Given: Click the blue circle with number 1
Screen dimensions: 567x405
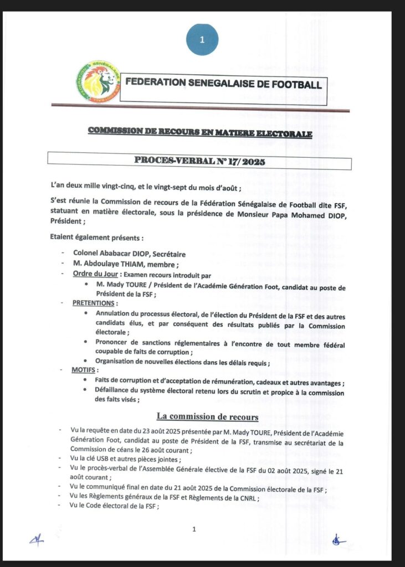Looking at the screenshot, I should (x=202, y=39).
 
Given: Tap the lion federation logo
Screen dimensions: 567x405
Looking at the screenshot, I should (x=99, y=81).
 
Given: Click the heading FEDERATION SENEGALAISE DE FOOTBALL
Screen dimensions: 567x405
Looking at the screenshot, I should (x=223, y=84).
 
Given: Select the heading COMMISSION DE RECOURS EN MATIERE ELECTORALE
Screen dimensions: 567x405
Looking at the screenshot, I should (x=200, y=133).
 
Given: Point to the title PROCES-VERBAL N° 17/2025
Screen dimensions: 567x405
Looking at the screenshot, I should (x=200, y=162).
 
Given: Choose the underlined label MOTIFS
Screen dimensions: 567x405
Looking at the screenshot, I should (x=85, y=369).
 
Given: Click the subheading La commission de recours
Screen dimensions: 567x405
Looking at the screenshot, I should (x=207, y=416).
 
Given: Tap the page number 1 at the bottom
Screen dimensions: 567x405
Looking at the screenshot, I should (x=194, y=529).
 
